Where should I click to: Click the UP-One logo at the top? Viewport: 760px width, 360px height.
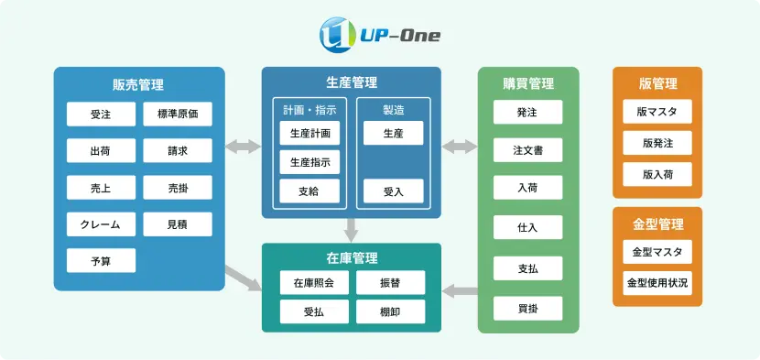[379, 36]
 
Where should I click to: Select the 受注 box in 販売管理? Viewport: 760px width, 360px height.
[101, 115]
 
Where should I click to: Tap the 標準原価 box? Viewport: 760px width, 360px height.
[178, 115]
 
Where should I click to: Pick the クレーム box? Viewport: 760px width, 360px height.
[101, 224]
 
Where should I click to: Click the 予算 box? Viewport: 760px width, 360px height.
[101, 261]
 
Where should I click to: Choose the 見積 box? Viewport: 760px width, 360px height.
[178, 224]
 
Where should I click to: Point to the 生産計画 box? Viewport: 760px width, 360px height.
[309, 134]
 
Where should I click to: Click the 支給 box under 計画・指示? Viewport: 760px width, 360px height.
[309, 191]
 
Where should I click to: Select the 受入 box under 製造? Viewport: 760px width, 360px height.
[393, 191]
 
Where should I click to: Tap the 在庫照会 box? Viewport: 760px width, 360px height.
[314, 283]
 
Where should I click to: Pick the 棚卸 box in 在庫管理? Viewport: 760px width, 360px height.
[390, 311]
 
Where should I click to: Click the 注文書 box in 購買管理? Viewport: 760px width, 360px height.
[527, 150]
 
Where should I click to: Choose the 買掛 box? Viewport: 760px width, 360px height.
[527, 309]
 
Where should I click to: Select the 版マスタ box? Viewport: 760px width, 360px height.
[657, 113]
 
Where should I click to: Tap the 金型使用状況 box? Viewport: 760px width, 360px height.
[657, 282]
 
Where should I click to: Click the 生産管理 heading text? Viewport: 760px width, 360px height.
[352, 82]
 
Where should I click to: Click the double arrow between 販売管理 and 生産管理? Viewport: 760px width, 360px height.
[243, 147]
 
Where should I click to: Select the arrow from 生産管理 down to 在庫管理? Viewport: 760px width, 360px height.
[352, 229]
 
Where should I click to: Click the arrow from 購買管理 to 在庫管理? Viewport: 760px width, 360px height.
[460, 291]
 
